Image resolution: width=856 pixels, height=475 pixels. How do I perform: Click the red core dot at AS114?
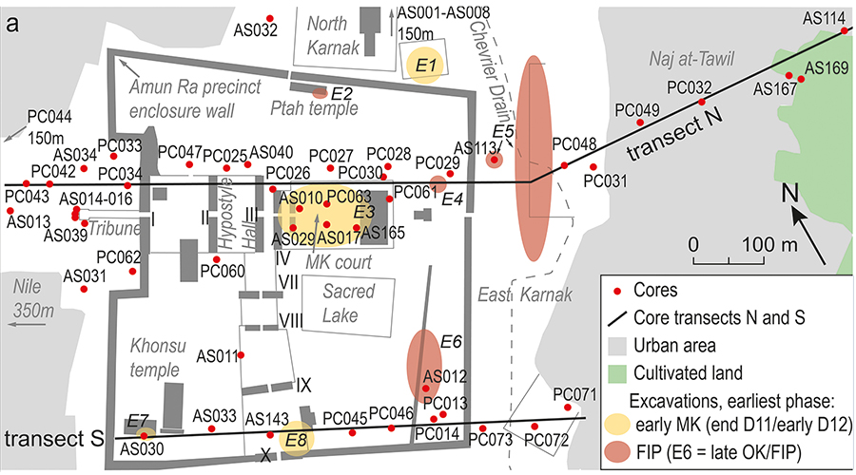[844, 31]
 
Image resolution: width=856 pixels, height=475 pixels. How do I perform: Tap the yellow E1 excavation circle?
[425, 65]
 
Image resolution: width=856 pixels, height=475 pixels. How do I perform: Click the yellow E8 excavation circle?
[297, 439]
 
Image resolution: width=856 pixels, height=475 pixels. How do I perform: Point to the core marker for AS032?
[271, 18]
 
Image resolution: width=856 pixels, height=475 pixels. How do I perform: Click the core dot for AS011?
[242, 355]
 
